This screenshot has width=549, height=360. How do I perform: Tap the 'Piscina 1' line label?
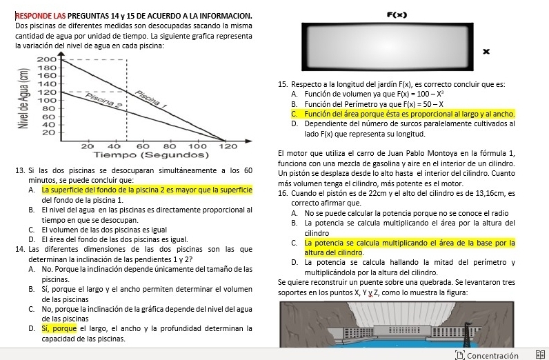tap(152, 99)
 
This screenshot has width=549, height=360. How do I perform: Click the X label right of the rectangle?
tap(486, 51)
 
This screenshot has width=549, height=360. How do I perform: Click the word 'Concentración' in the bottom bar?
tap(492, 355)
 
